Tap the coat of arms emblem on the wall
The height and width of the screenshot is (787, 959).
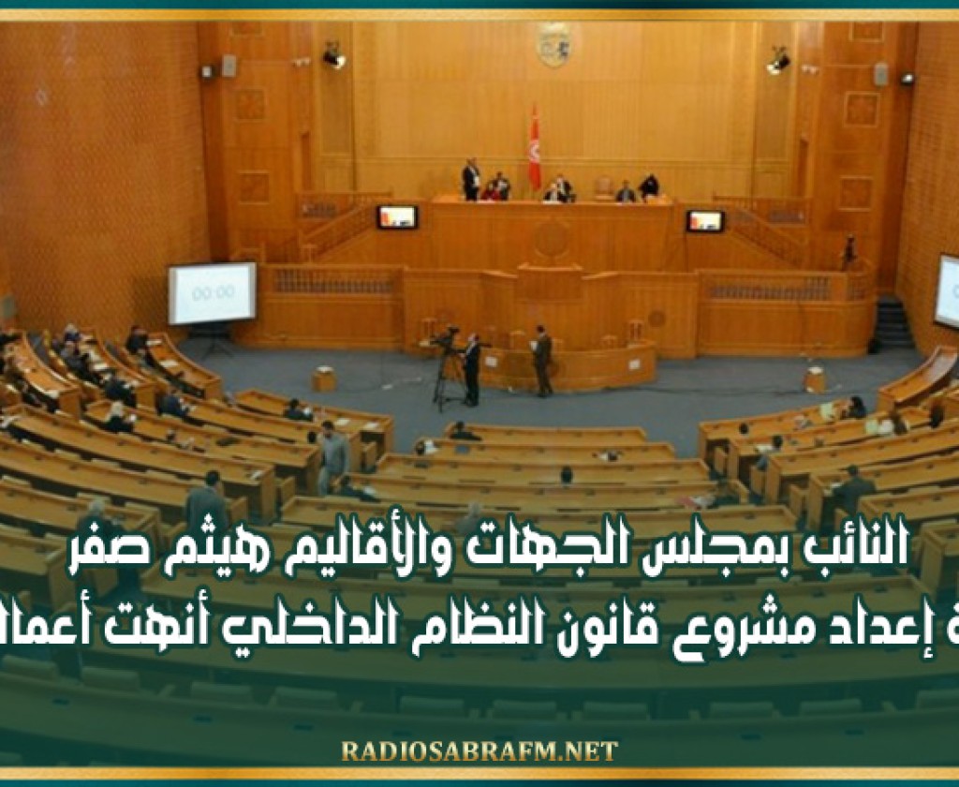point(553,43)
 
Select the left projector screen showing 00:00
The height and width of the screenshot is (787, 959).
point(212,293)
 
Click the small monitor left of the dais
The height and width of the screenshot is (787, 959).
point(397,216)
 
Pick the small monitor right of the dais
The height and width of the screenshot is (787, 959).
point(704,221)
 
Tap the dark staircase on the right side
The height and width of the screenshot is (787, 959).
point(893,323)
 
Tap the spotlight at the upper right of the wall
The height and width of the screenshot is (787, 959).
point(778,61)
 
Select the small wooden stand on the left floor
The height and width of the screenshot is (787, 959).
point(324,379)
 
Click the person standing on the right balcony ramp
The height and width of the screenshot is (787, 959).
point(848,251)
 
